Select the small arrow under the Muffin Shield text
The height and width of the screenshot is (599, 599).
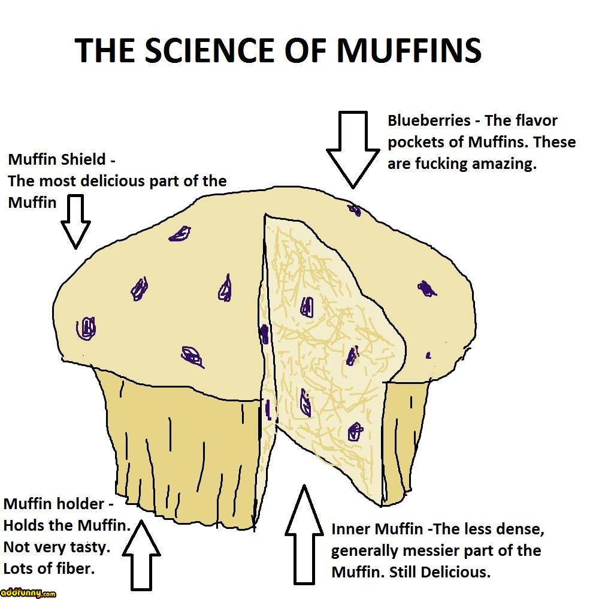click(75, 222)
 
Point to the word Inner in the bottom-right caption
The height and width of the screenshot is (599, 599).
click(351, 530)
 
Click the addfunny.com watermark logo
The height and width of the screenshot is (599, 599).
click(28, 593)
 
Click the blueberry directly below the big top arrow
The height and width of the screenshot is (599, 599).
click(354, 210)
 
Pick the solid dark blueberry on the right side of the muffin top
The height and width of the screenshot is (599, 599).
click(426, 289)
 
